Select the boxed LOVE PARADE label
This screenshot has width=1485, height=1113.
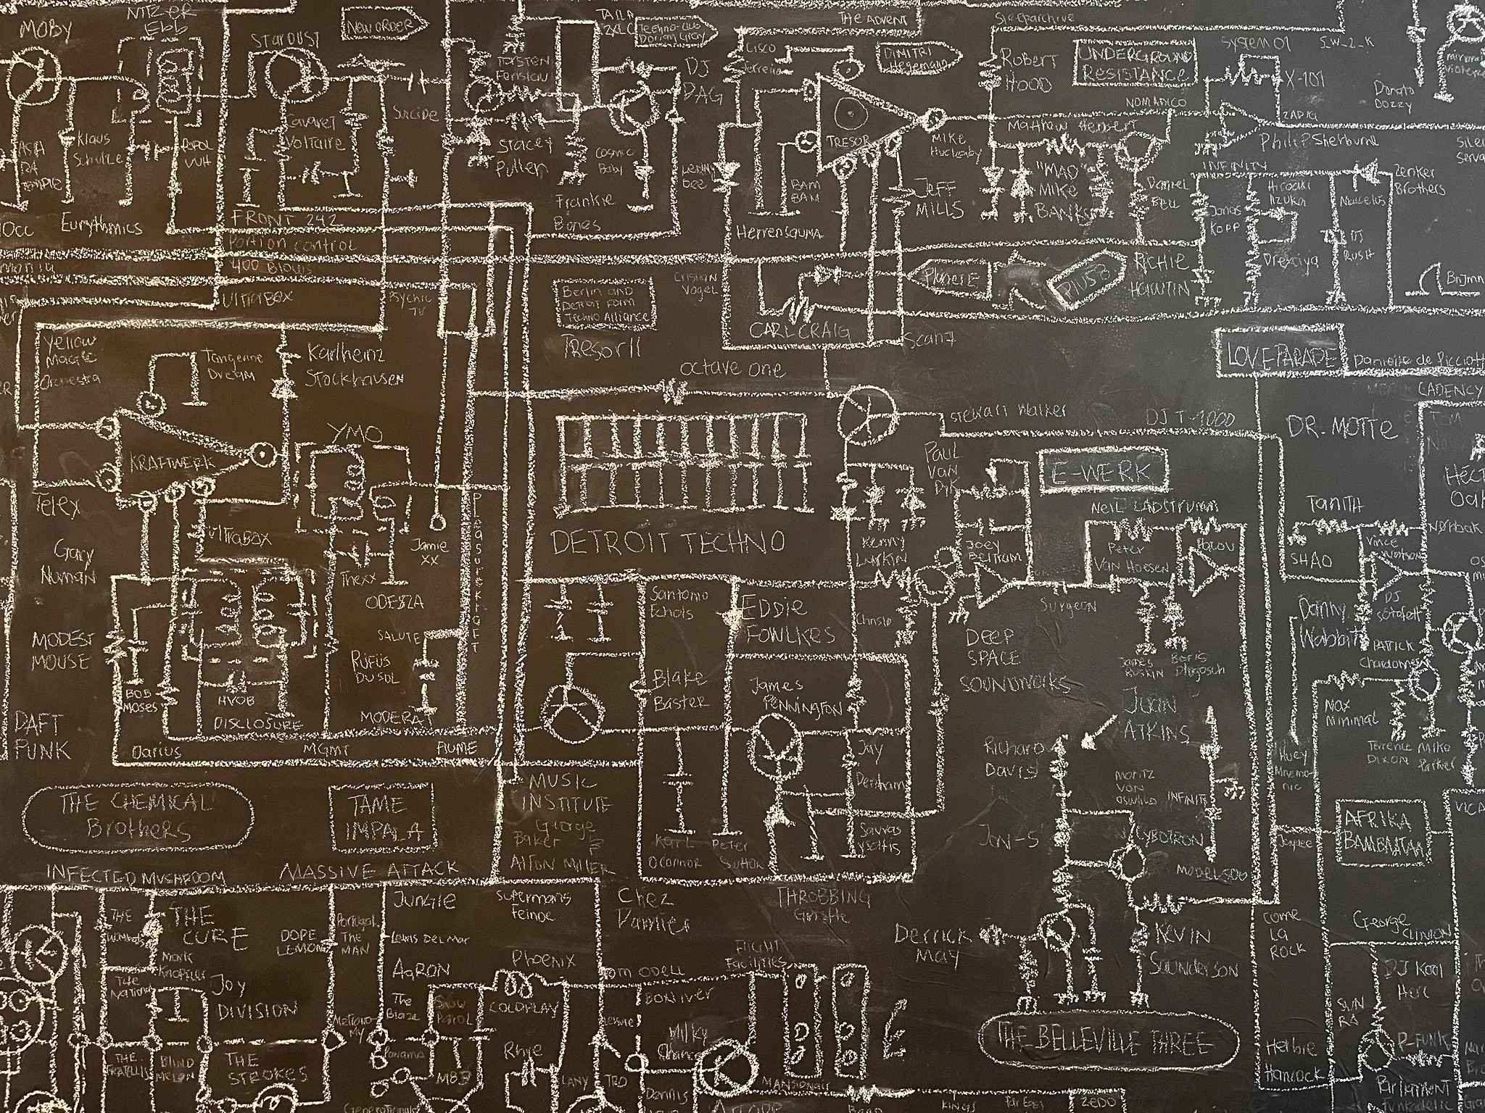[x=1281, y=356]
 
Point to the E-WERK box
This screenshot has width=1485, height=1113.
[x=1104, y=472]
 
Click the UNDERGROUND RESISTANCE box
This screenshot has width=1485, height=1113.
[x=1136, y=65]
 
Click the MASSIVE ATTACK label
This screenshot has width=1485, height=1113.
[x=370, y=870]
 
